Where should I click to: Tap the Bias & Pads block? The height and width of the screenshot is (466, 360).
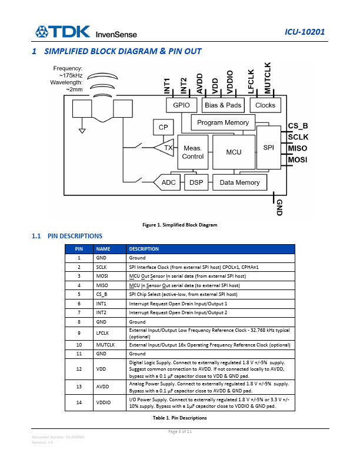click(x=223, y=105)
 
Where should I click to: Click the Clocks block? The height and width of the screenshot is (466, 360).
click(x=265, y=105)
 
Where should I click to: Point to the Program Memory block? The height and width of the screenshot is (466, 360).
click(x=223, y=123)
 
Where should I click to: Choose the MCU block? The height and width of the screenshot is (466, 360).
click(x=234, y=152)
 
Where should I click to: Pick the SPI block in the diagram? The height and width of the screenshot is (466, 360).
click(x=269, y=147)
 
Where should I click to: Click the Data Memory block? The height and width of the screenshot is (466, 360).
click(x=239, y=182)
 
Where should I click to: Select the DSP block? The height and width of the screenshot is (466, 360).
click(x=196, y=182)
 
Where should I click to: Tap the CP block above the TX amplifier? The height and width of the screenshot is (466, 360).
click(x=162, y=128)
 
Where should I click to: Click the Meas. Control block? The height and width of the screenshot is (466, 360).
click(x=193, y=152)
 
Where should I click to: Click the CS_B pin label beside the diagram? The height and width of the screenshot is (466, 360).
click(x=298, y=127)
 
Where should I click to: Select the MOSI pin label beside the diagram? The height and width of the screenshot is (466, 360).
click(x=298, y=159)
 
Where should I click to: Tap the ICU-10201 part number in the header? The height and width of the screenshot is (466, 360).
click(x=304, y=32)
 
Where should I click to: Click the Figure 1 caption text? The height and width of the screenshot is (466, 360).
click(x=180, y=225)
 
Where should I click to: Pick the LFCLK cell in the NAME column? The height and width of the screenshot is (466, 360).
click(x=104, y=333)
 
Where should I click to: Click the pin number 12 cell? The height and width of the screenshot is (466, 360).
click(x=79, y=369)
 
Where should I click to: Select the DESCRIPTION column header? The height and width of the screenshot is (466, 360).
click(x=144, y=249)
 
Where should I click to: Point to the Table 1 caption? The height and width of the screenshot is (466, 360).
click(x=180, y=418)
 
